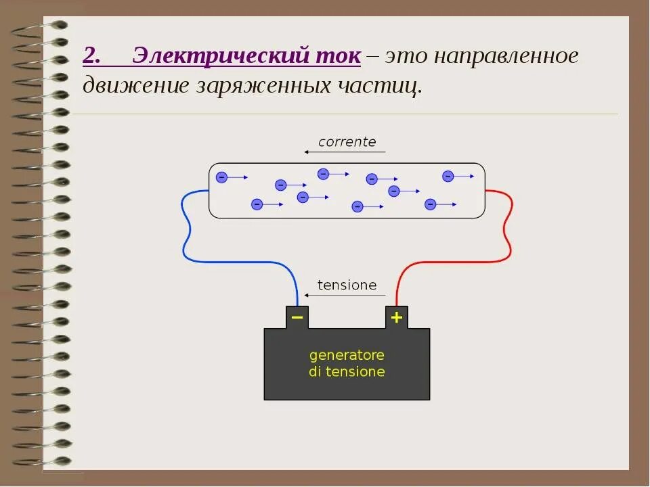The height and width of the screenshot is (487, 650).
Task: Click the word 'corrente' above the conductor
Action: [x=347, y=142]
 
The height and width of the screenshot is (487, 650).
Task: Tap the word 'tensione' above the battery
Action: [x=347, y=285]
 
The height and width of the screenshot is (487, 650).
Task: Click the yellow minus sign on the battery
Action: [x=297, y=317]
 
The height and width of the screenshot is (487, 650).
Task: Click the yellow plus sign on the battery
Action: [x=396, y=317]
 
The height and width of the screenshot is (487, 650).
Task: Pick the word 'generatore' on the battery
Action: [x=347, y=355]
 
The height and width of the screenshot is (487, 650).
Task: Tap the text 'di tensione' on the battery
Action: [x=347, y=371]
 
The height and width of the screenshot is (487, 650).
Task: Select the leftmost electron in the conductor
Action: [x=221, y=177]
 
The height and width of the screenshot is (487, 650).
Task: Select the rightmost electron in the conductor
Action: [x=448, y=177]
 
